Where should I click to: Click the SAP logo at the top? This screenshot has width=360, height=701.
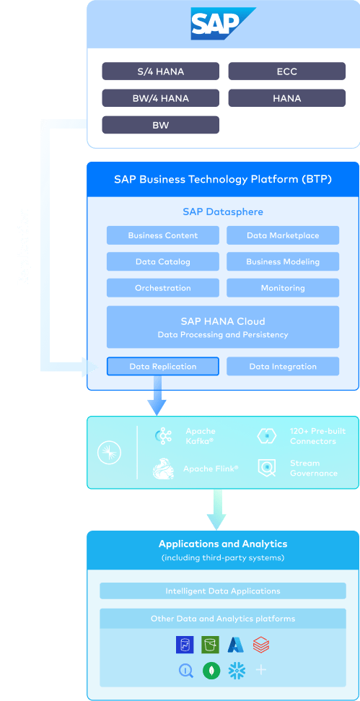coord(222,24)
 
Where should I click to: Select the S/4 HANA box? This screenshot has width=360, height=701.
coord(160,71)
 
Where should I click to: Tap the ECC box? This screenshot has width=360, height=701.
coord(286,71)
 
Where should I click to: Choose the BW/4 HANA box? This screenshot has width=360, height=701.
coord(160,98)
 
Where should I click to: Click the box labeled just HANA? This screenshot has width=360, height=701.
coord(286,98)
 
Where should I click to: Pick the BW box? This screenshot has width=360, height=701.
coord(160,125)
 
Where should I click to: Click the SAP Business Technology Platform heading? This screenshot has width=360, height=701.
coord(223,179)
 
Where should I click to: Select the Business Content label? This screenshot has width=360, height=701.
coord(163,235)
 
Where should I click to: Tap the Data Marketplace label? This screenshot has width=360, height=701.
coord(283,235)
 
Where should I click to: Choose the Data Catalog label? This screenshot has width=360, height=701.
coord(163,262)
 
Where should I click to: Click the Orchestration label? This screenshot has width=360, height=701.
coord(163,288)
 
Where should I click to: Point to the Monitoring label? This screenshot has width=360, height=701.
coord(283,288)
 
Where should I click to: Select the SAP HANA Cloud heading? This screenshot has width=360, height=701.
coord(223,321)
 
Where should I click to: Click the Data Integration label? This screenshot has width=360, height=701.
coord(283,367)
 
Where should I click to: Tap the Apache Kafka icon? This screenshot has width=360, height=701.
coord(166,435)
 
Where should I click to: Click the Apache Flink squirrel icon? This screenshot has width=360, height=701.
coord(163,469)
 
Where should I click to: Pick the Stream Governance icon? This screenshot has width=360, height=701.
coord(267,469)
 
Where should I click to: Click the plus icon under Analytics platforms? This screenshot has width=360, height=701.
coord(261,670)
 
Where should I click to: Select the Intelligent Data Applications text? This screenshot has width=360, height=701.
coord(223,591)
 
